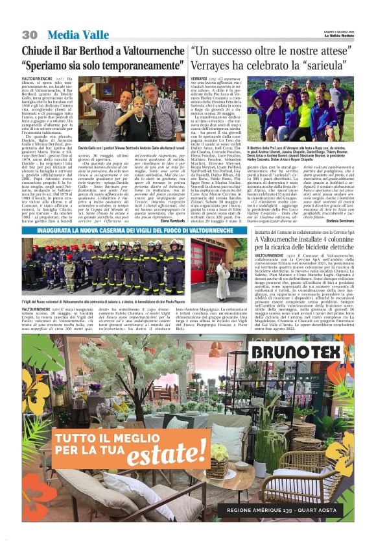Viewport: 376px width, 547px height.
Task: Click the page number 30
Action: click(29, 34)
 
